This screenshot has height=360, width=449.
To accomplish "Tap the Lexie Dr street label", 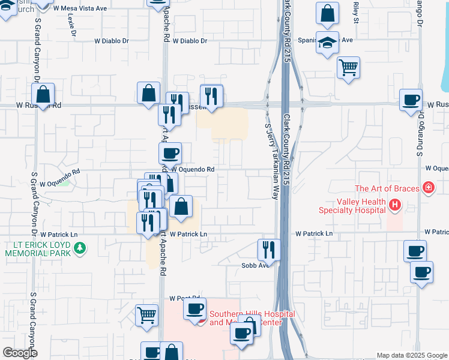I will (73, 23).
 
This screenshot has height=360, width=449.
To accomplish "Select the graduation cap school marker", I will (327, 43).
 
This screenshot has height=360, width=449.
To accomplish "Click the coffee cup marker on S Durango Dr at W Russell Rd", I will (411, 100).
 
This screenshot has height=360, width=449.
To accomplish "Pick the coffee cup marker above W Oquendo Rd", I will (170, 154).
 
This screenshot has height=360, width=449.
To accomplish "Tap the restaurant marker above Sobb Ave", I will (269, 249).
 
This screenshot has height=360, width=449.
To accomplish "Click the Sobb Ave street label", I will (255, 265).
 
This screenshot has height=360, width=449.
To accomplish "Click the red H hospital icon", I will (394, 206).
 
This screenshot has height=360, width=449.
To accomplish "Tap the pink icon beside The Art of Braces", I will (428, 188).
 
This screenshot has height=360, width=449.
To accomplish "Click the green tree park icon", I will (79, 247).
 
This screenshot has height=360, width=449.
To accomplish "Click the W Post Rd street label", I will (184, 298).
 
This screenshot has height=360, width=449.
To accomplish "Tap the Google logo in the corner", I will (20, 353).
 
